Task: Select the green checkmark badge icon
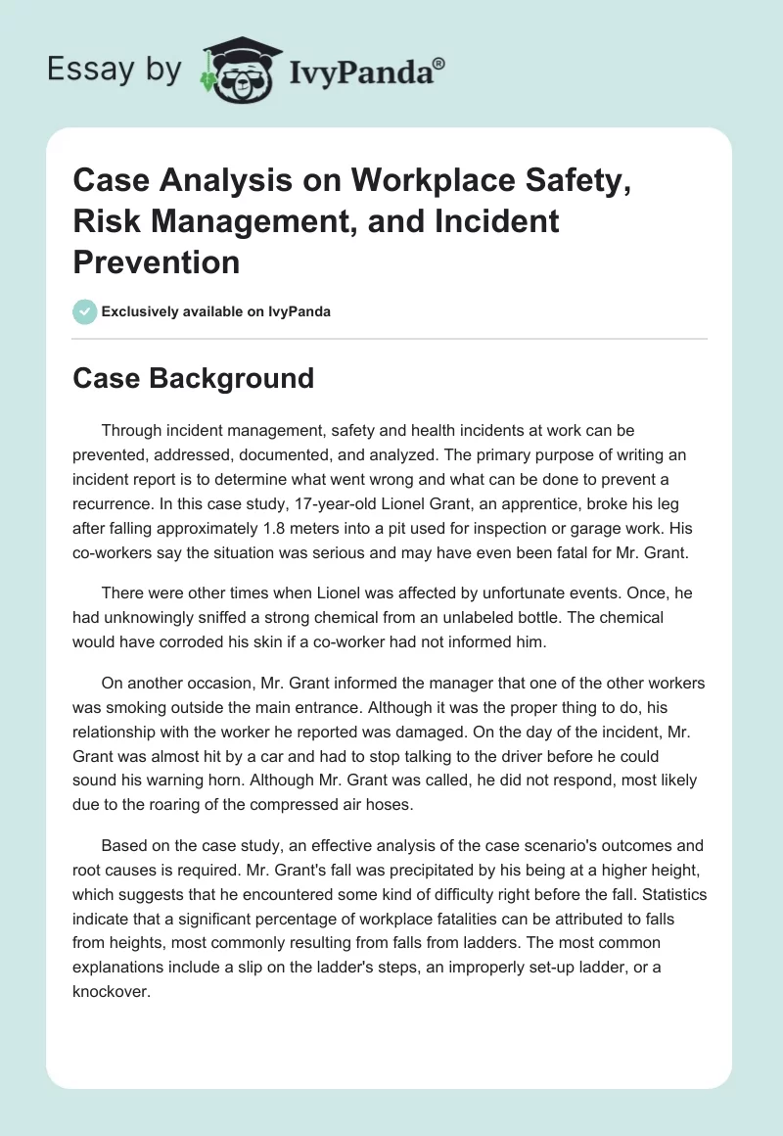[84, 311]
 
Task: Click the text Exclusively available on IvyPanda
[216, 311]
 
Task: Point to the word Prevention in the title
[157, 261]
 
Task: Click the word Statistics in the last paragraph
[665, 895]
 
